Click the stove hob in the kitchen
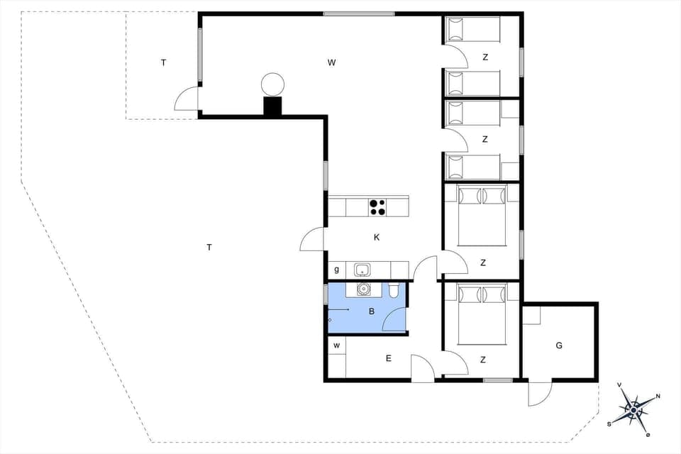377,207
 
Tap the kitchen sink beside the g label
362,270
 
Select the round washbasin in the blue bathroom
363,289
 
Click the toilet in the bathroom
394,289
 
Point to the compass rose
633,409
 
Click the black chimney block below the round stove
272,106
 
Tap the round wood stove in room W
272,85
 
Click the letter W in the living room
331,62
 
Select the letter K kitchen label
377,237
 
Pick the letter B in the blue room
370,311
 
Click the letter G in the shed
559,345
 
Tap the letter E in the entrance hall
389,358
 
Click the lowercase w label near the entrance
337,345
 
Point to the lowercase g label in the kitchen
336,270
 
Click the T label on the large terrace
209,248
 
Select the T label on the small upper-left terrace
163,62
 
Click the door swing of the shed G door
539,393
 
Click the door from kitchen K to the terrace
312,240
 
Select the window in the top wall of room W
359,13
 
